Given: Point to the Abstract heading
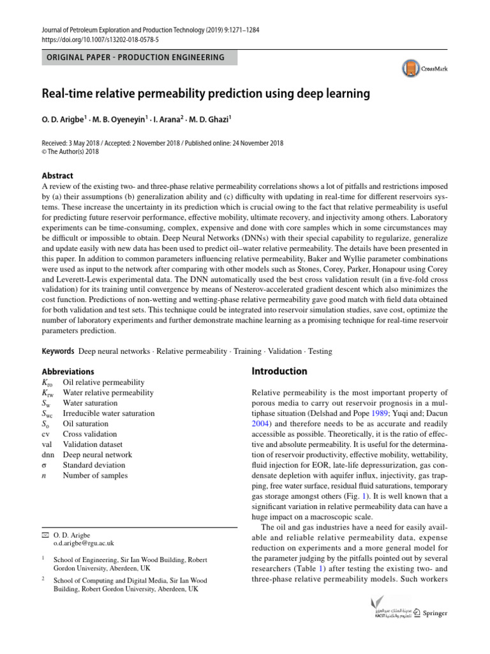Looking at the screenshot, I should (57, 176).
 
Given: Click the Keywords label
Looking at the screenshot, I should (57, 351).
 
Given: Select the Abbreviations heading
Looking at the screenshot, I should (68, 371).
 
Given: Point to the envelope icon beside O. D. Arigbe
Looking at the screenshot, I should (45, 533).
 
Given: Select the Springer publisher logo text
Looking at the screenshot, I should (436, 613).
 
